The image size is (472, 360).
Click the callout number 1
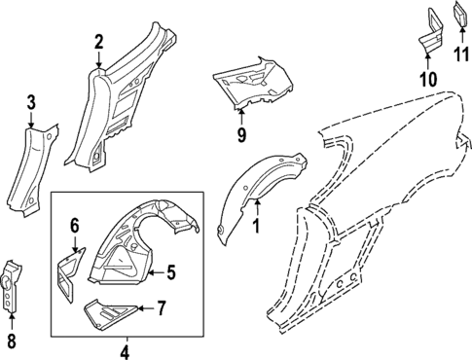[x=256, y=227]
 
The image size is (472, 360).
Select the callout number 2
[x=98, y=41]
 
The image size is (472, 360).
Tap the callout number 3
[x=31, y=102]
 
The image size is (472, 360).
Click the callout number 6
[x=74, y=226]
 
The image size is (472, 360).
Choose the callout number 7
[x=162, y=308]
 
